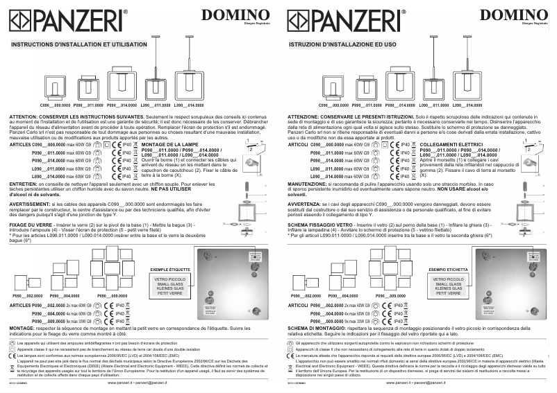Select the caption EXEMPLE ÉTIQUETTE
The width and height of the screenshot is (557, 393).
[x=169, y=268]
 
